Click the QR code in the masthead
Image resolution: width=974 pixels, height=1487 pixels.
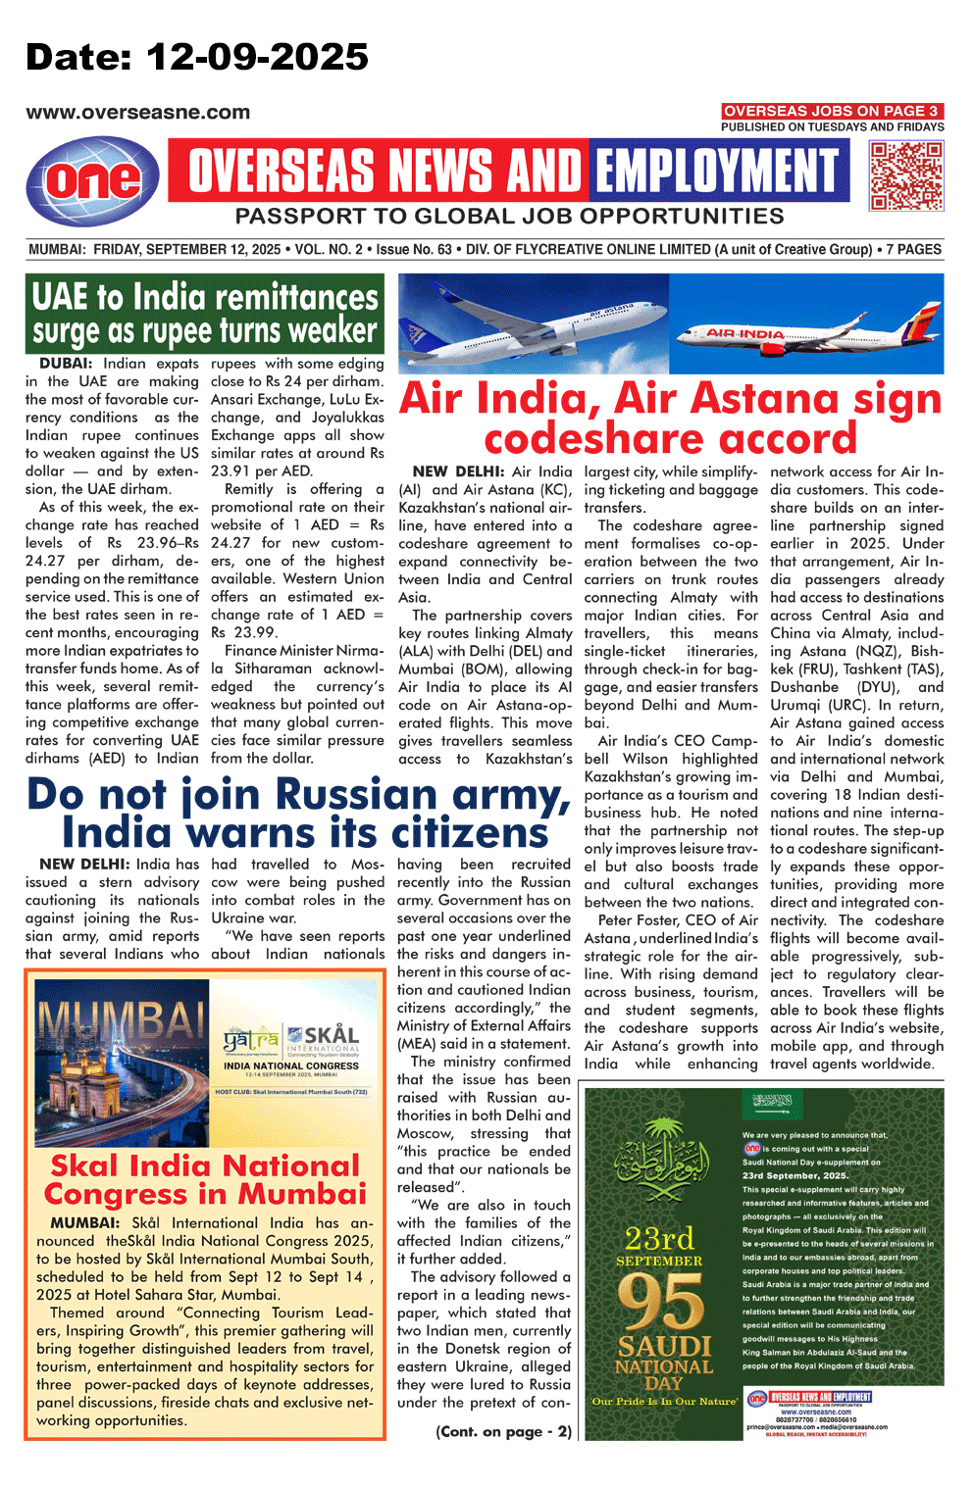click(906, 176)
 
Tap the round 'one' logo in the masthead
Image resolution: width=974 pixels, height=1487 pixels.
click(93, 180)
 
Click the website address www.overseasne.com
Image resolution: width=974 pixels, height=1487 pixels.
click(138, 113)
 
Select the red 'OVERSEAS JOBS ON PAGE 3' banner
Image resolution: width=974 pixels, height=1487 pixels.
click(832, 111)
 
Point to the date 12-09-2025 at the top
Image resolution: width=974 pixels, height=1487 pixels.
click(257, 57)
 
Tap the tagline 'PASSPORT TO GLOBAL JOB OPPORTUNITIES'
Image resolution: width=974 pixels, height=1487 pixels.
click(509, 217)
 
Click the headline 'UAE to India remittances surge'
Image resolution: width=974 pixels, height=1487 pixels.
click(204, 314)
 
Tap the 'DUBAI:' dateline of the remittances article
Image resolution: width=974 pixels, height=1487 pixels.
click(65, 364)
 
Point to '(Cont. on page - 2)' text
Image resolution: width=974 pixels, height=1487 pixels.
click(503, 1431)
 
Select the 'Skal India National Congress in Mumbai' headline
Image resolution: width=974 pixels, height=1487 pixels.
click(205, 1179)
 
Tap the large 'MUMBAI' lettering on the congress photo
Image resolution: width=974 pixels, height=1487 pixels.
click(118, 1024)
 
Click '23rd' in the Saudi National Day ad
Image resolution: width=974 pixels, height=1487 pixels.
click(659, 1238)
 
